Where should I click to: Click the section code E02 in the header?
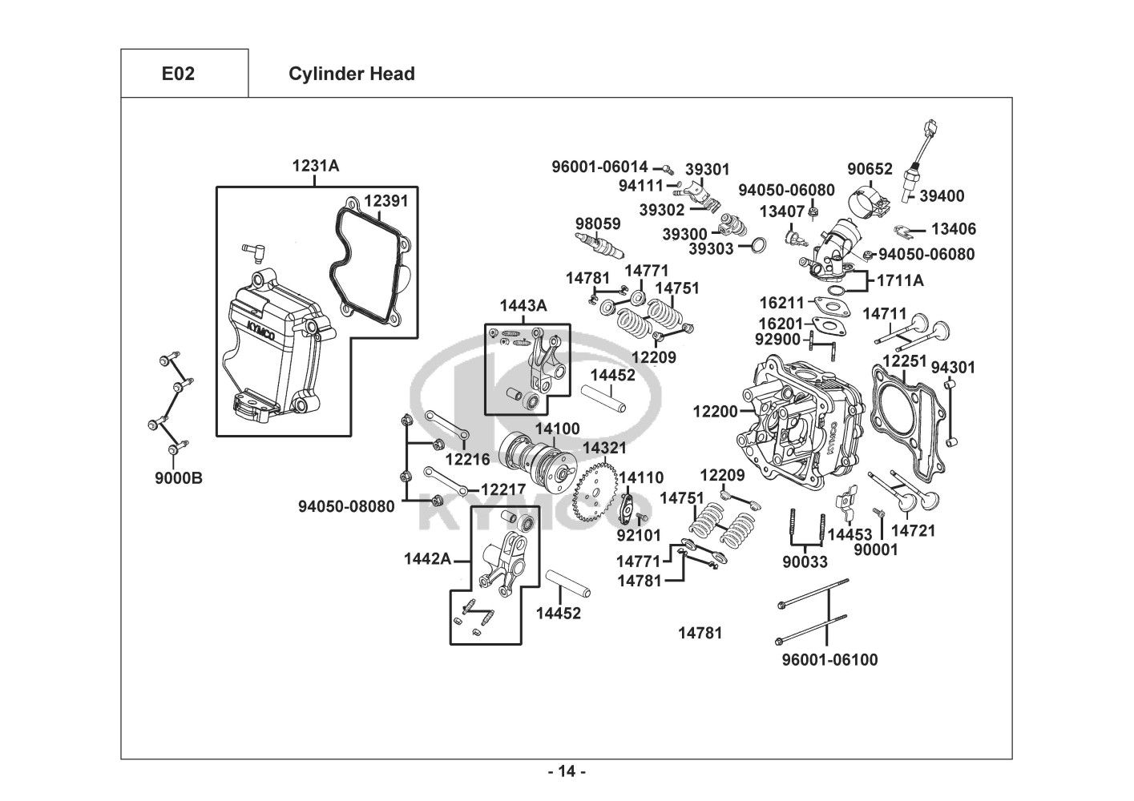pos(178,74)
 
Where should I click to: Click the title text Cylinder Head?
pos(351,74)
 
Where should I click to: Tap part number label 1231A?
pos(315,166)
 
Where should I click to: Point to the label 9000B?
pos(179,478)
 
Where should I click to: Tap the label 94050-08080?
pos(346,506)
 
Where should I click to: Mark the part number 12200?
pos(715,411)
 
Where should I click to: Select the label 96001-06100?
pos(829,660)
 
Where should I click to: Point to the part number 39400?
pos(942,195)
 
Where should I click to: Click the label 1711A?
pos(900,280)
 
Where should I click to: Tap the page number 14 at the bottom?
pos(567,772)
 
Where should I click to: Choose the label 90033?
pos(805,562)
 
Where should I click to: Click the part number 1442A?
pos(427,558)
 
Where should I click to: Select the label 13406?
pos(954,229)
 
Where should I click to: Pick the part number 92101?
pos(639,534)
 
